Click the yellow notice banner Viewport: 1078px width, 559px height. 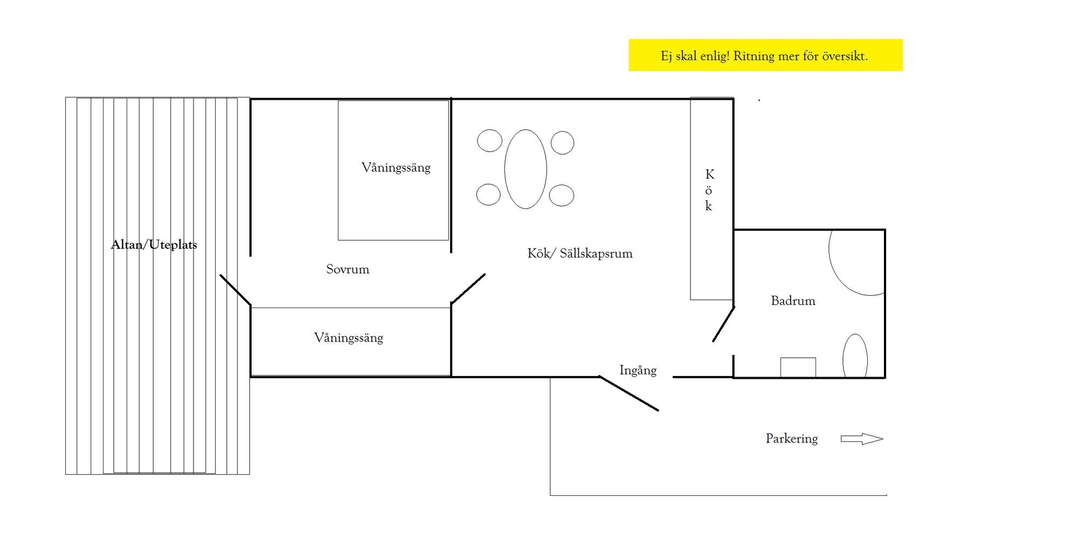[765, 55]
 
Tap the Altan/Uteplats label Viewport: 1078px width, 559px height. [154, 245]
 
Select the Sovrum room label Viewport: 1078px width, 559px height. [348, 269]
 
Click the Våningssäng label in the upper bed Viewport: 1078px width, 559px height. [396, 168]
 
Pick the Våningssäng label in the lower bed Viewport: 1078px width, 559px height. [349, 338]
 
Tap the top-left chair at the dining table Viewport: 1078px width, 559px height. [489, 141]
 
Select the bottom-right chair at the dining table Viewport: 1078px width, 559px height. [562, 195]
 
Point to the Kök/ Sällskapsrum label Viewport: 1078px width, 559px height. [580, 254]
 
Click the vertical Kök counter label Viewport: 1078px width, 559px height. [709, 190]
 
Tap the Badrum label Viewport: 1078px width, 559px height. [793, 301]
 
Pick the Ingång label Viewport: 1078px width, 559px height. [638, 371]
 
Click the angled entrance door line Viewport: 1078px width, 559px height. [629, 393]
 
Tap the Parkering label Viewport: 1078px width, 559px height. [792, 439]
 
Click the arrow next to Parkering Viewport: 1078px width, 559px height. [862, 439]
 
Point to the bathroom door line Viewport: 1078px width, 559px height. [724, 324]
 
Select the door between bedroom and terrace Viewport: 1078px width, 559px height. [235, 290]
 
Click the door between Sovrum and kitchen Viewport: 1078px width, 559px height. [468, 289]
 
